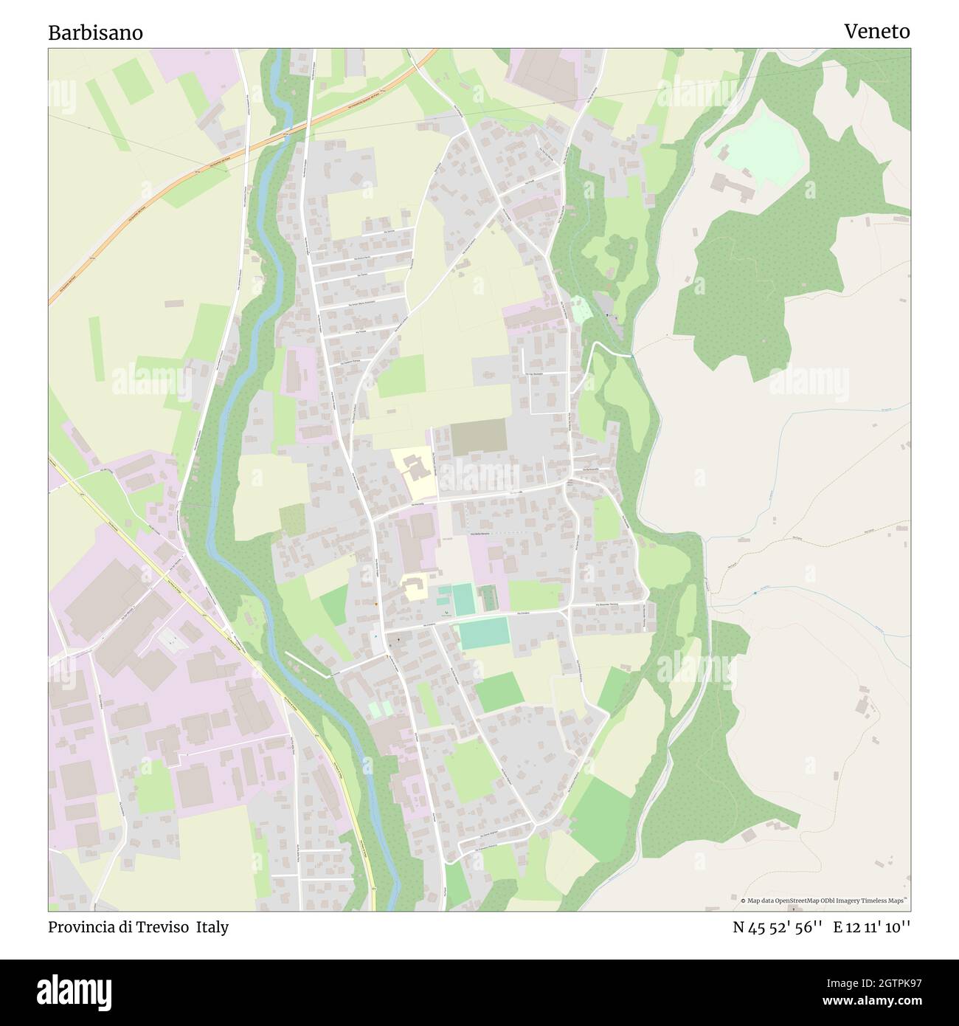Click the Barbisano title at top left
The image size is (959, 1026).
[x=96, y=33]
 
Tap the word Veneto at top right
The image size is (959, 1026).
[x=876, y=32]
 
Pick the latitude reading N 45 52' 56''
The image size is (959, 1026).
[x=777, y=927]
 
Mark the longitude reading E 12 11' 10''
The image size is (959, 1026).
[x=872, y=927]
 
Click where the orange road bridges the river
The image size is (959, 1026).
[x=286, y=134]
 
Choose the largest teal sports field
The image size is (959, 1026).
[x=484, y=633]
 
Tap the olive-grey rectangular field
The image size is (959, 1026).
[x=479, y=437]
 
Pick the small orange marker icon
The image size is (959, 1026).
[x=376, y=605]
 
